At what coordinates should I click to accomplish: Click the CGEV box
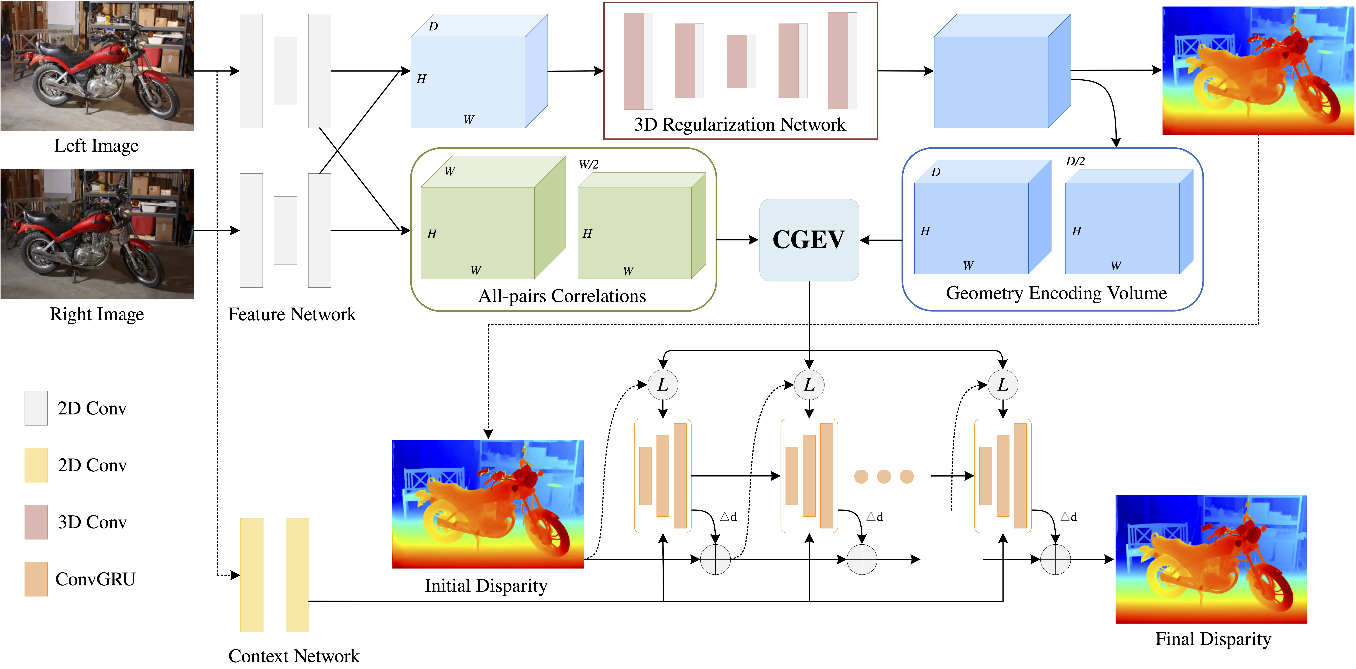pos(809,240)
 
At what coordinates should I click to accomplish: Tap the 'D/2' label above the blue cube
pos(1075,161)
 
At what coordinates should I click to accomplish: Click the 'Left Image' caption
pos(96,146)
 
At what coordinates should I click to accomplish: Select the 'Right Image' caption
pos(96,314)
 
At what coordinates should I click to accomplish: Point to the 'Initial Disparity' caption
pos(486,586)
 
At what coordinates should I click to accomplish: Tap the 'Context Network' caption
pos(294,656)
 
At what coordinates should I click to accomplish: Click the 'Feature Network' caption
pos(292,314)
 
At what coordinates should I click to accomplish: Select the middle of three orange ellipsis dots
pos(884,476)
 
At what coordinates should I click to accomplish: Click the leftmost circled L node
pos(663,385)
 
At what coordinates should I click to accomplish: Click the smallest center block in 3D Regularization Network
pos(741,61)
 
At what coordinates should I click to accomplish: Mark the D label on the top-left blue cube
pos(433,26)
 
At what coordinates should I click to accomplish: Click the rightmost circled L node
pos(1003,385)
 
